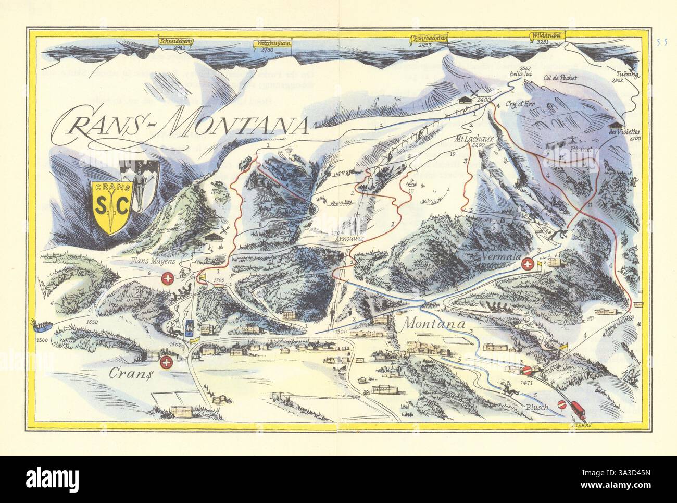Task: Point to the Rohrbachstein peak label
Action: pos(429,39)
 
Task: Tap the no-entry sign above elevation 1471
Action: pos(526,371)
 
